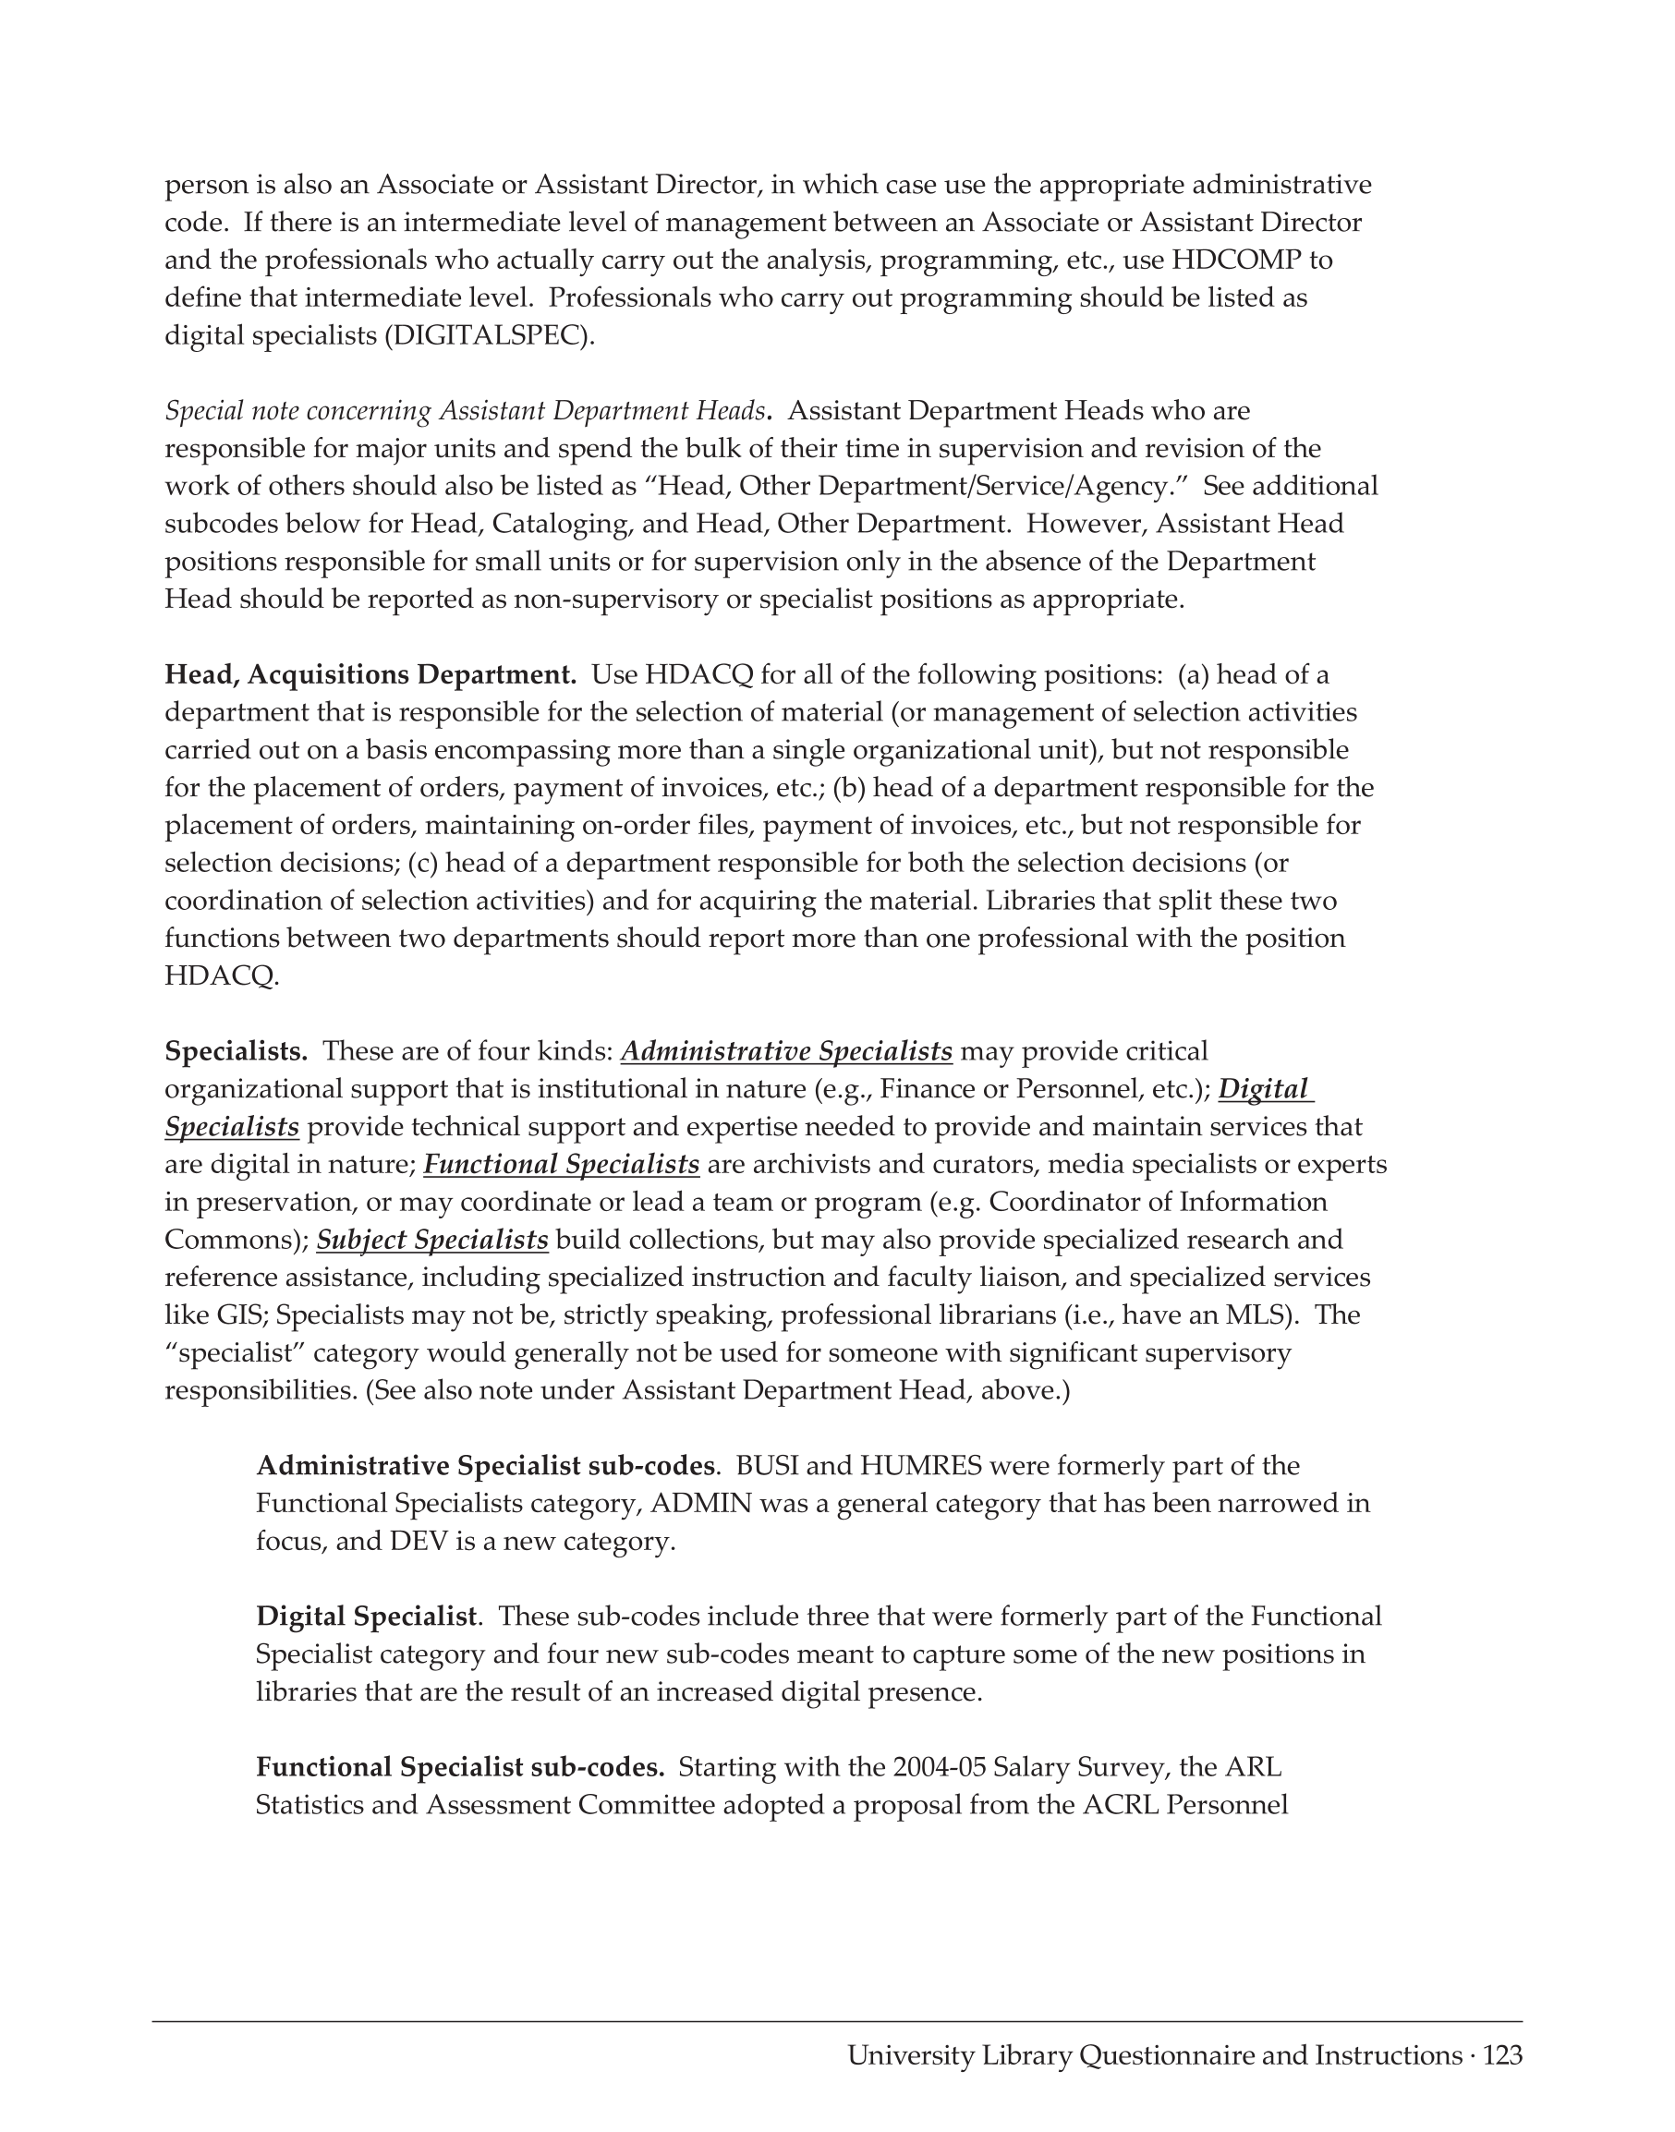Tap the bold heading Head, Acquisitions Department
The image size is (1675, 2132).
coord(370,675)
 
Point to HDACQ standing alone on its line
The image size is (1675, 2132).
coord(221,976)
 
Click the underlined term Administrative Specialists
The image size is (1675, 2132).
coord(786,1052)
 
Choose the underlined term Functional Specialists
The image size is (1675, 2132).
coord(561,1165)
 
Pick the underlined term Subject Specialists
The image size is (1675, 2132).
coord(431,1241)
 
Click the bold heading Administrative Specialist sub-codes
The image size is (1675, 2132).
coord(484,1466)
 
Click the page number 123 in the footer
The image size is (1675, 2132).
coord(1502,2055)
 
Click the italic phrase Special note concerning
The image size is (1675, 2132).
coord(298,411)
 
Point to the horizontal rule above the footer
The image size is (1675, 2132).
coord(836,2021)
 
